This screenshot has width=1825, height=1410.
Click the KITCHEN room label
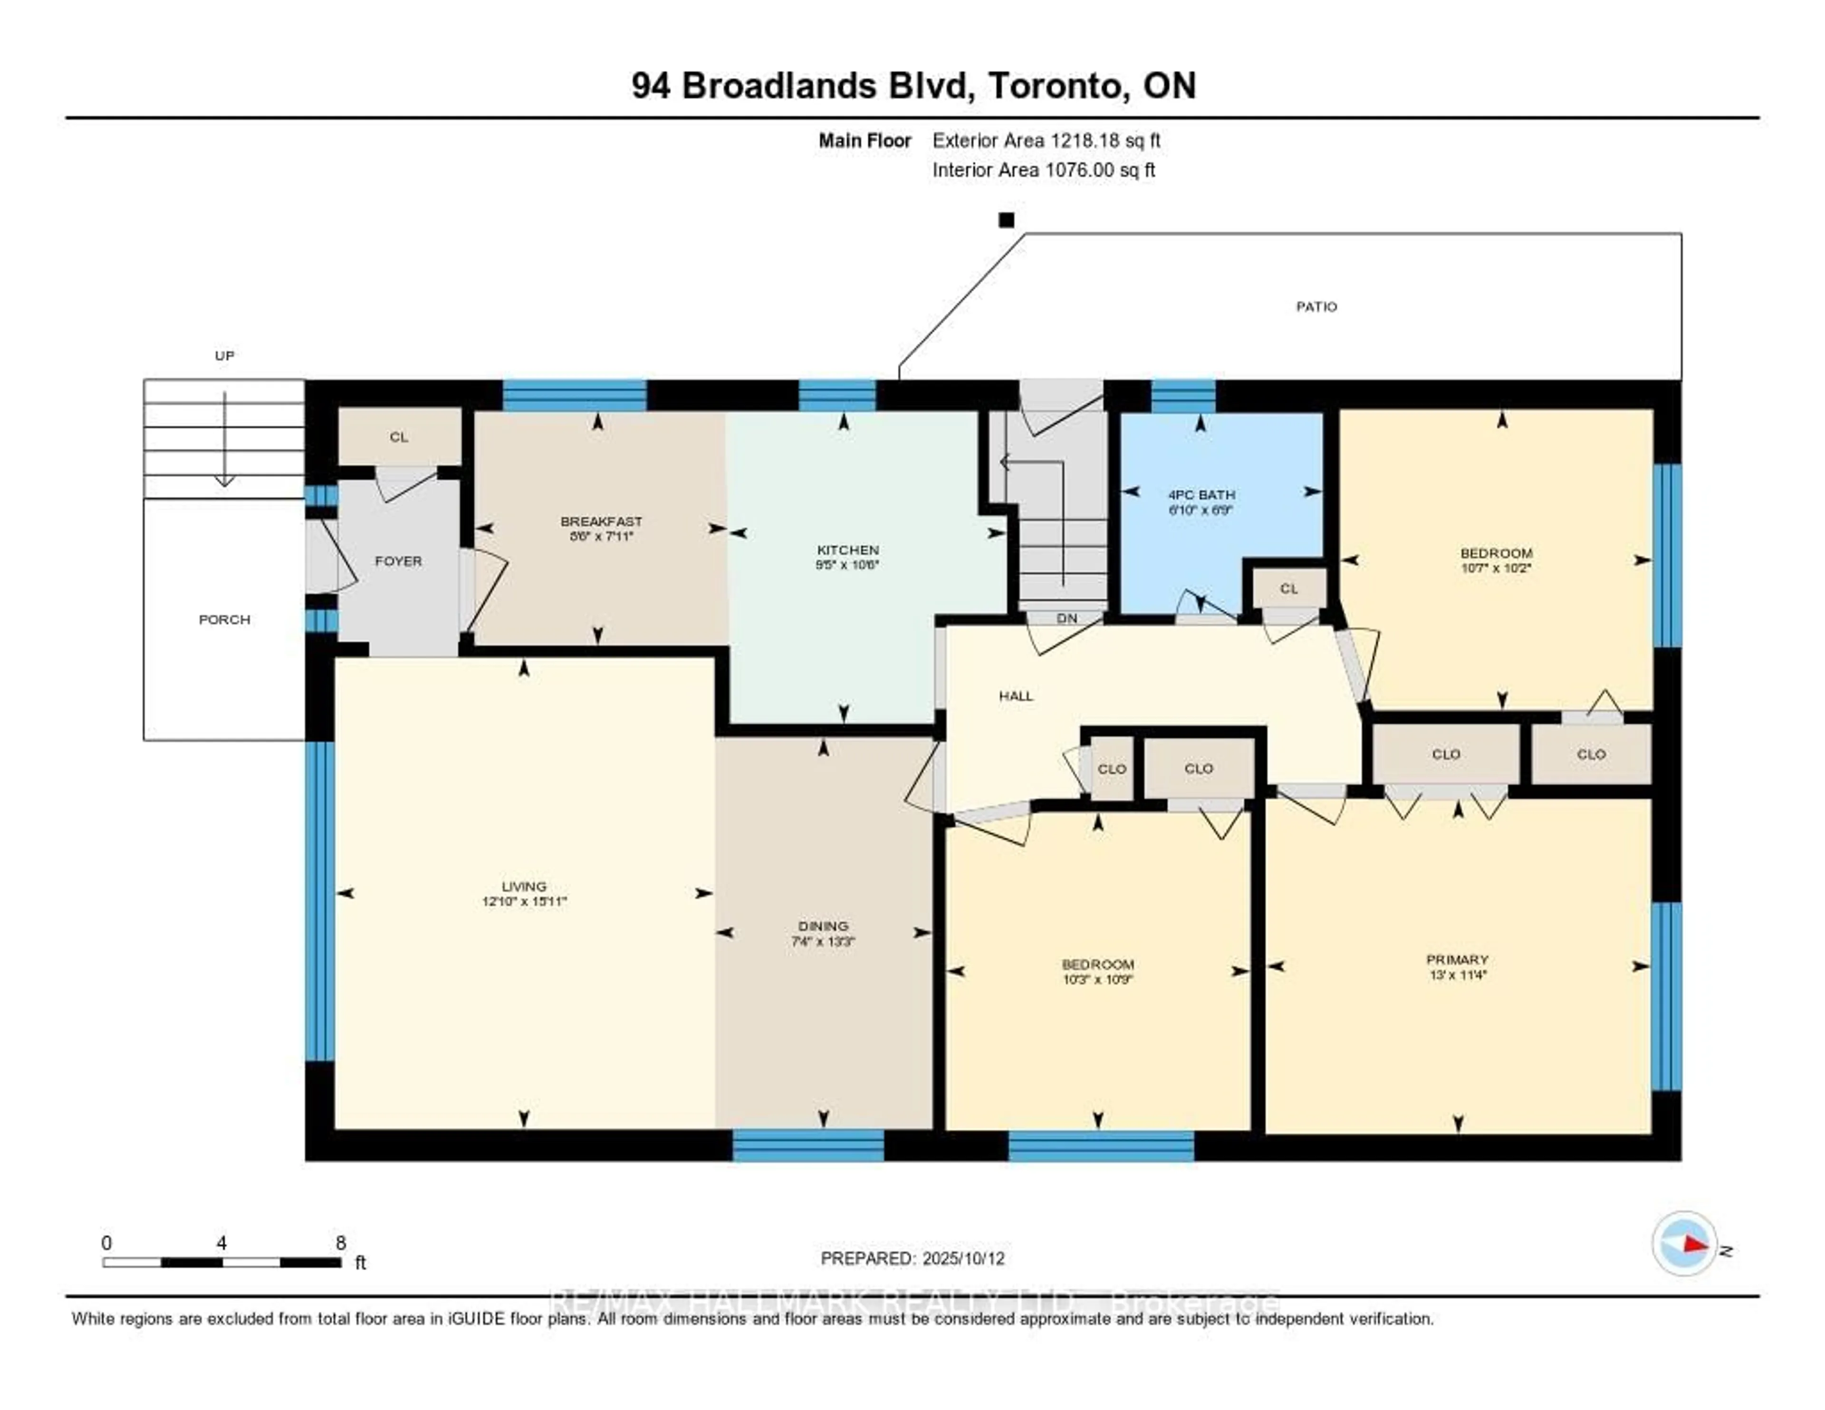[x=847, y=550]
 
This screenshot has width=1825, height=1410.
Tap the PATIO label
[x=1316, y=307]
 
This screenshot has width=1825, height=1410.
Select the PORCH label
[x=224, y=619]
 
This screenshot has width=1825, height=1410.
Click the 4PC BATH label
[x=1201, y=495]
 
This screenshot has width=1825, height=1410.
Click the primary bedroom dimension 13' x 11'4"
[x=1457, y=975]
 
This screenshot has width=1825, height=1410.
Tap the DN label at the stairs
[x=1066, y=618]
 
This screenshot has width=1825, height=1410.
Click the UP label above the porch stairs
[x=224, y=355]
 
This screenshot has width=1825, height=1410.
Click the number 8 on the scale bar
[x=340, y=1243]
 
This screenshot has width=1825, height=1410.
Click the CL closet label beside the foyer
[x=399, y=437]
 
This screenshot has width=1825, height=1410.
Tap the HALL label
[x=1015, y=695]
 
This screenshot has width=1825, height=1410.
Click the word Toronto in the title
[x=1053, y=86]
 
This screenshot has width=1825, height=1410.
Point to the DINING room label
[x=823, y=926]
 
